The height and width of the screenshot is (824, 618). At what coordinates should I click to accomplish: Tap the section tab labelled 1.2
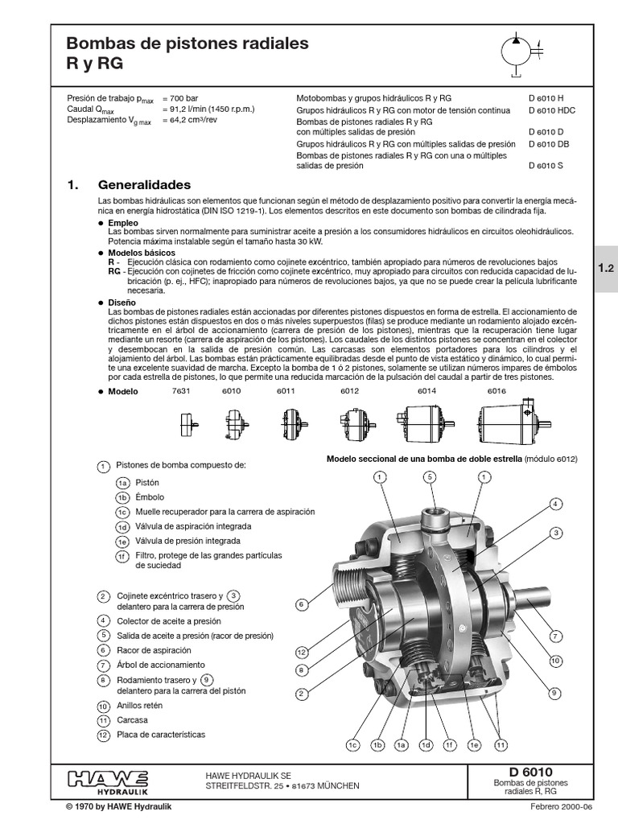coord(606,271)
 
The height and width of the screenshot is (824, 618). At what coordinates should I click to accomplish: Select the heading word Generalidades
coord(144,184)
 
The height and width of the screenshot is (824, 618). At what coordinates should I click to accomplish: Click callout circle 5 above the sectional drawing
coord(431,477)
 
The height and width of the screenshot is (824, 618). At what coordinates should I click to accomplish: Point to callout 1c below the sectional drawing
coord(352,745)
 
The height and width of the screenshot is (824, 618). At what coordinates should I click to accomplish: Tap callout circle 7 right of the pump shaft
coord(555,636)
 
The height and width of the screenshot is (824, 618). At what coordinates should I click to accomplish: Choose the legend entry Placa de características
coord(161,735)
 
